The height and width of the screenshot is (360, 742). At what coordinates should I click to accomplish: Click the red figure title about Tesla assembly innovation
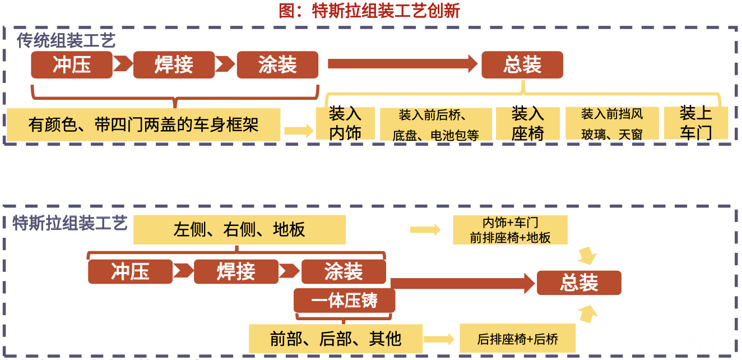click(x=369, y=11)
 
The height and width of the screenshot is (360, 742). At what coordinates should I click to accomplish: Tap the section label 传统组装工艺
click(x=66, y=40)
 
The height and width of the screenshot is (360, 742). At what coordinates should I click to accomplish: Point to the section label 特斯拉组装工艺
click(x=70, y=224)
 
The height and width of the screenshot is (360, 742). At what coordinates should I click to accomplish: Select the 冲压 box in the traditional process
click(x=72, y=65)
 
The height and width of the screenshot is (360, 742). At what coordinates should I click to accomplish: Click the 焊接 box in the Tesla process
click(x=236, y=272)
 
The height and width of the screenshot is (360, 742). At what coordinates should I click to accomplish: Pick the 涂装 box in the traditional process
click(x=277, y=65)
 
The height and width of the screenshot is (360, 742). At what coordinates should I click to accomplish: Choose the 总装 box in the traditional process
click(x=522, y=65)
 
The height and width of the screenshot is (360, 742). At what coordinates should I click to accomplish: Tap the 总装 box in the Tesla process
click(x=579, y=283)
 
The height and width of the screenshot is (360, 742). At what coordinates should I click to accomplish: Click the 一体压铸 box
click(x=345, y=301)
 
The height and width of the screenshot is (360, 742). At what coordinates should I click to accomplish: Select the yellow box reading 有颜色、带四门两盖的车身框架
click(x=143, y=124)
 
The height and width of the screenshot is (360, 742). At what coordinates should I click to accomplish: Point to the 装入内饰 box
click(x=345, y=123)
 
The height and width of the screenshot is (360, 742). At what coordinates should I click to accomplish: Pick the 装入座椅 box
click(x=527, y=123)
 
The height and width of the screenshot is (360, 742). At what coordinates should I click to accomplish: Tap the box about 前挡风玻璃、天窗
click(x=611, y=124)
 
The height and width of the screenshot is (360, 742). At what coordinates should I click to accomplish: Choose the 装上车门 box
click(x=695, y=123)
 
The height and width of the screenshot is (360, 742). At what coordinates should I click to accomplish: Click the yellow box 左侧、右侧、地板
click(x=239, y=230)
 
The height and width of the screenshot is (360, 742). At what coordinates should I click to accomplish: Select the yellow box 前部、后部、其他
click(x=335, y=339)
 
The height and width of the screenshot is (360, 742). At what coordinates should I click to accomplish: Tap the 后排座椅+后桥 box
click(x=517, y=339)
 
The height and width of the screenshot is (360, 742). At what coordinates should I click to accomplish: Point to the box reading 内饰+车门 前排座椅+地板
click(x=510, y=230)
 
